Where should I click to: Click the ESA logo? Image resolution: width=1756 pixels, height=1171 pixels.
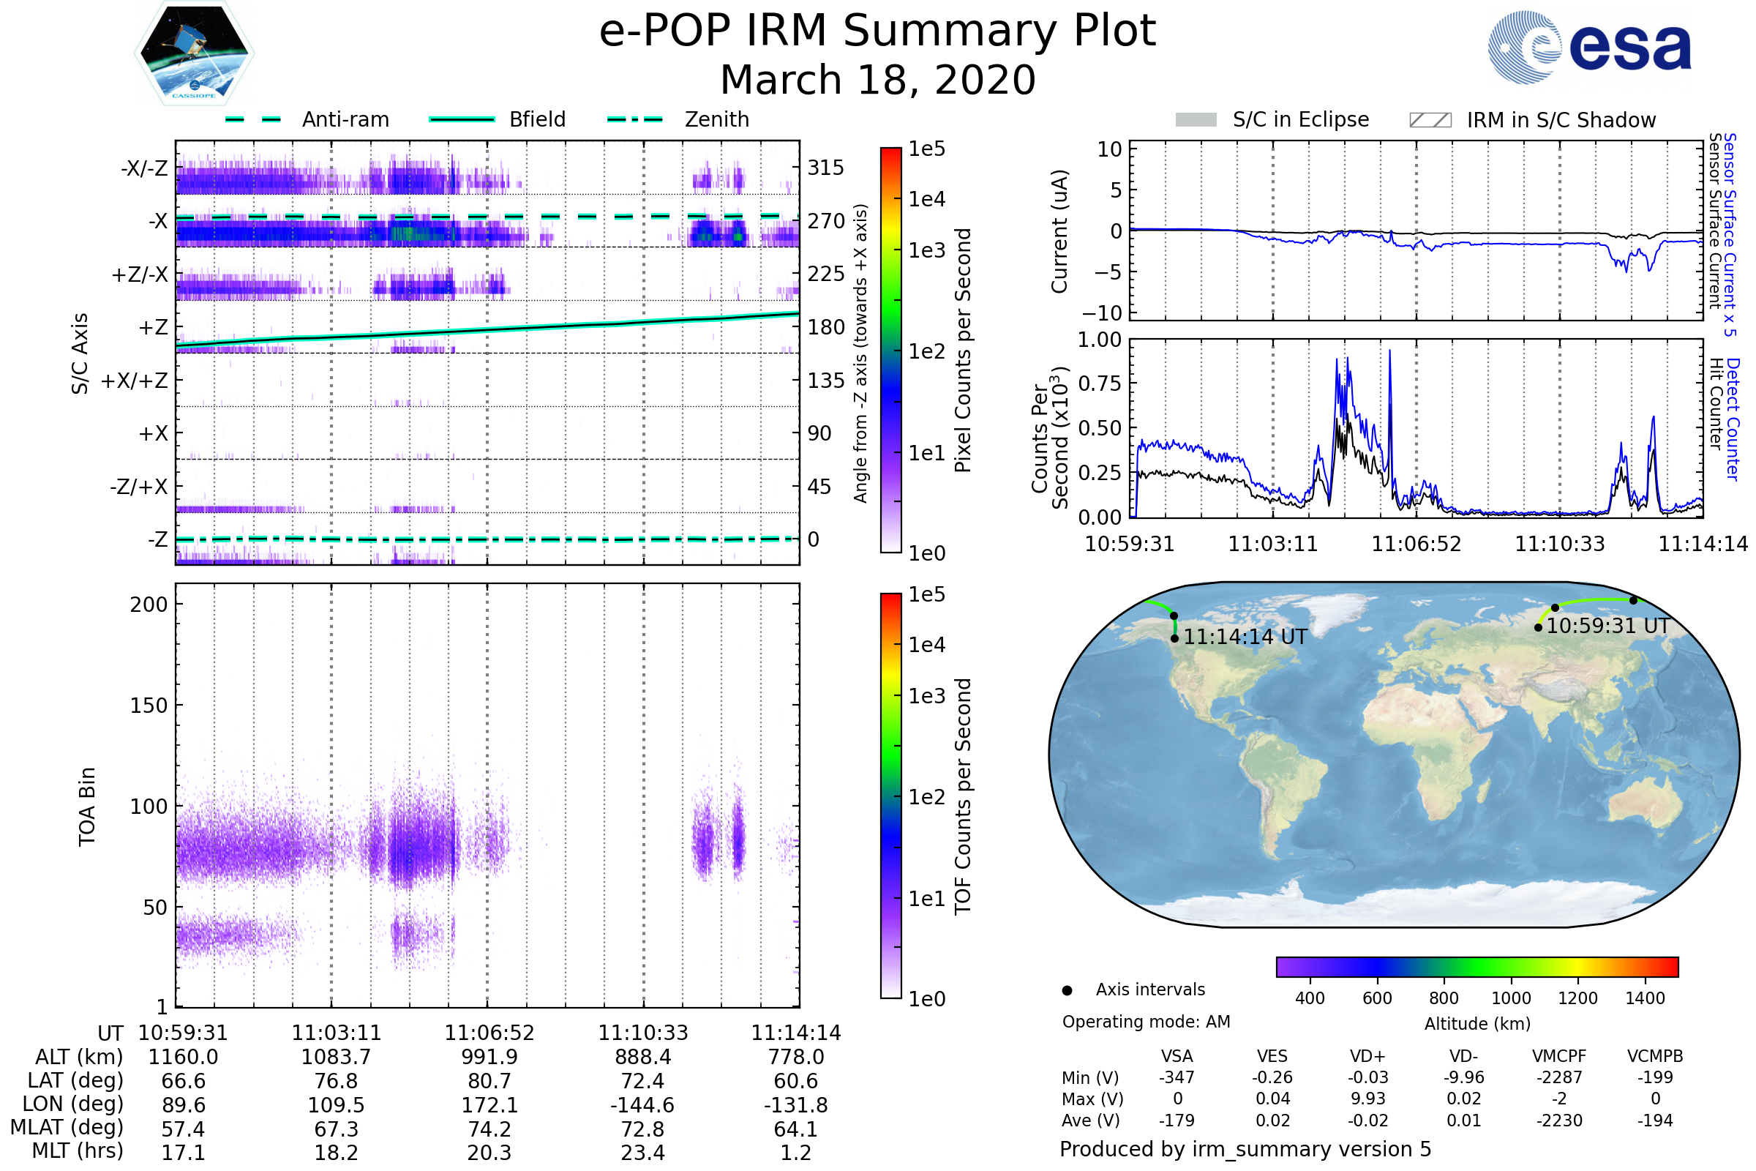coord(1589,47)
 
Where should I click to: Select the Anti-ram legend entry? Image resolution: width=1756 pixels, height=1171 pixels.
coord(345,119)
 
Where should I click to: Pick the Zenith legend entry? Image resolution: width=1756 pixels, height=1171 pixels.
coord(716,119)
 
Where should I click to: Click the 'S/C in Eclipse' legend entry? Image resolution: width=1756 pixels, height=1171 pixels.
coord(1300,119)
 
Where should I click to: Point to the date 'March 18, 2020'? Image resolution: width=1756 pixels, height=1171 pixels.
coord(877,80)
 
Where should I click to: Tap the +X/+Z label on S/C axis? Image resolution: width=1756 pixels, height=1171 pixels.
coord(135,381)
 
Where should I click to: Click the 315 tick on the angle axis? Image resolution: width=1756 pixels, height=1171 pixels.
coord(826,168)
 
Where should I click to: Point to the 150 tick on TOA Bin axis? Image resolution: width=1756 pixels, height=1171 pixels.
coord(149,706)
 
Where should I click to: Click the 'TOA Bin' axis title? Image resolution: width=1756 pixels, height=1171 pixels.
coord(87,807)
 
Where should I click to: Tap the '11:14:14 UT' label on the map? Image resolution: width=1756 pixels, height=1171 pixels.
coord(1245,637)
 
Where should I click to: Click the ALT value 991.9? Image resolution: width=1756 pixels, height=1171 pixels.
coord(489,1058)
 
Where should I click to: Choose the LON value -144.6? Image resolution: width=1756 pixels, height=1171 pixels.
coord(643,1105)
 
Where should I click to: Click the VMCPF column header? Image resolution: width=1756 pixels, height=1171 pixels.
coord(1559,1057)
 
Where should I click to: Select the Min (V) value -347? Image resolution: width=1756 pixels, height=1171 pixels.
coord(1177,1077)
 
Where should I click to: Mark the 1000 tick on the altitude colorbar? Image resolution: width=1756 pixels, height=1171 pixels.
coord(1511,998)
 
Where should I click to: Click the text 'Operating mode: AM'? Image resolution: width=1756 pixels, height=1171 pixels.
coord(1146,1022)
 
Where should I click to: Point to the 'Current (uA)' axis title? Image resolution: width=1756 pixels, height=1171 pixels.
coord(1060,231)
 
